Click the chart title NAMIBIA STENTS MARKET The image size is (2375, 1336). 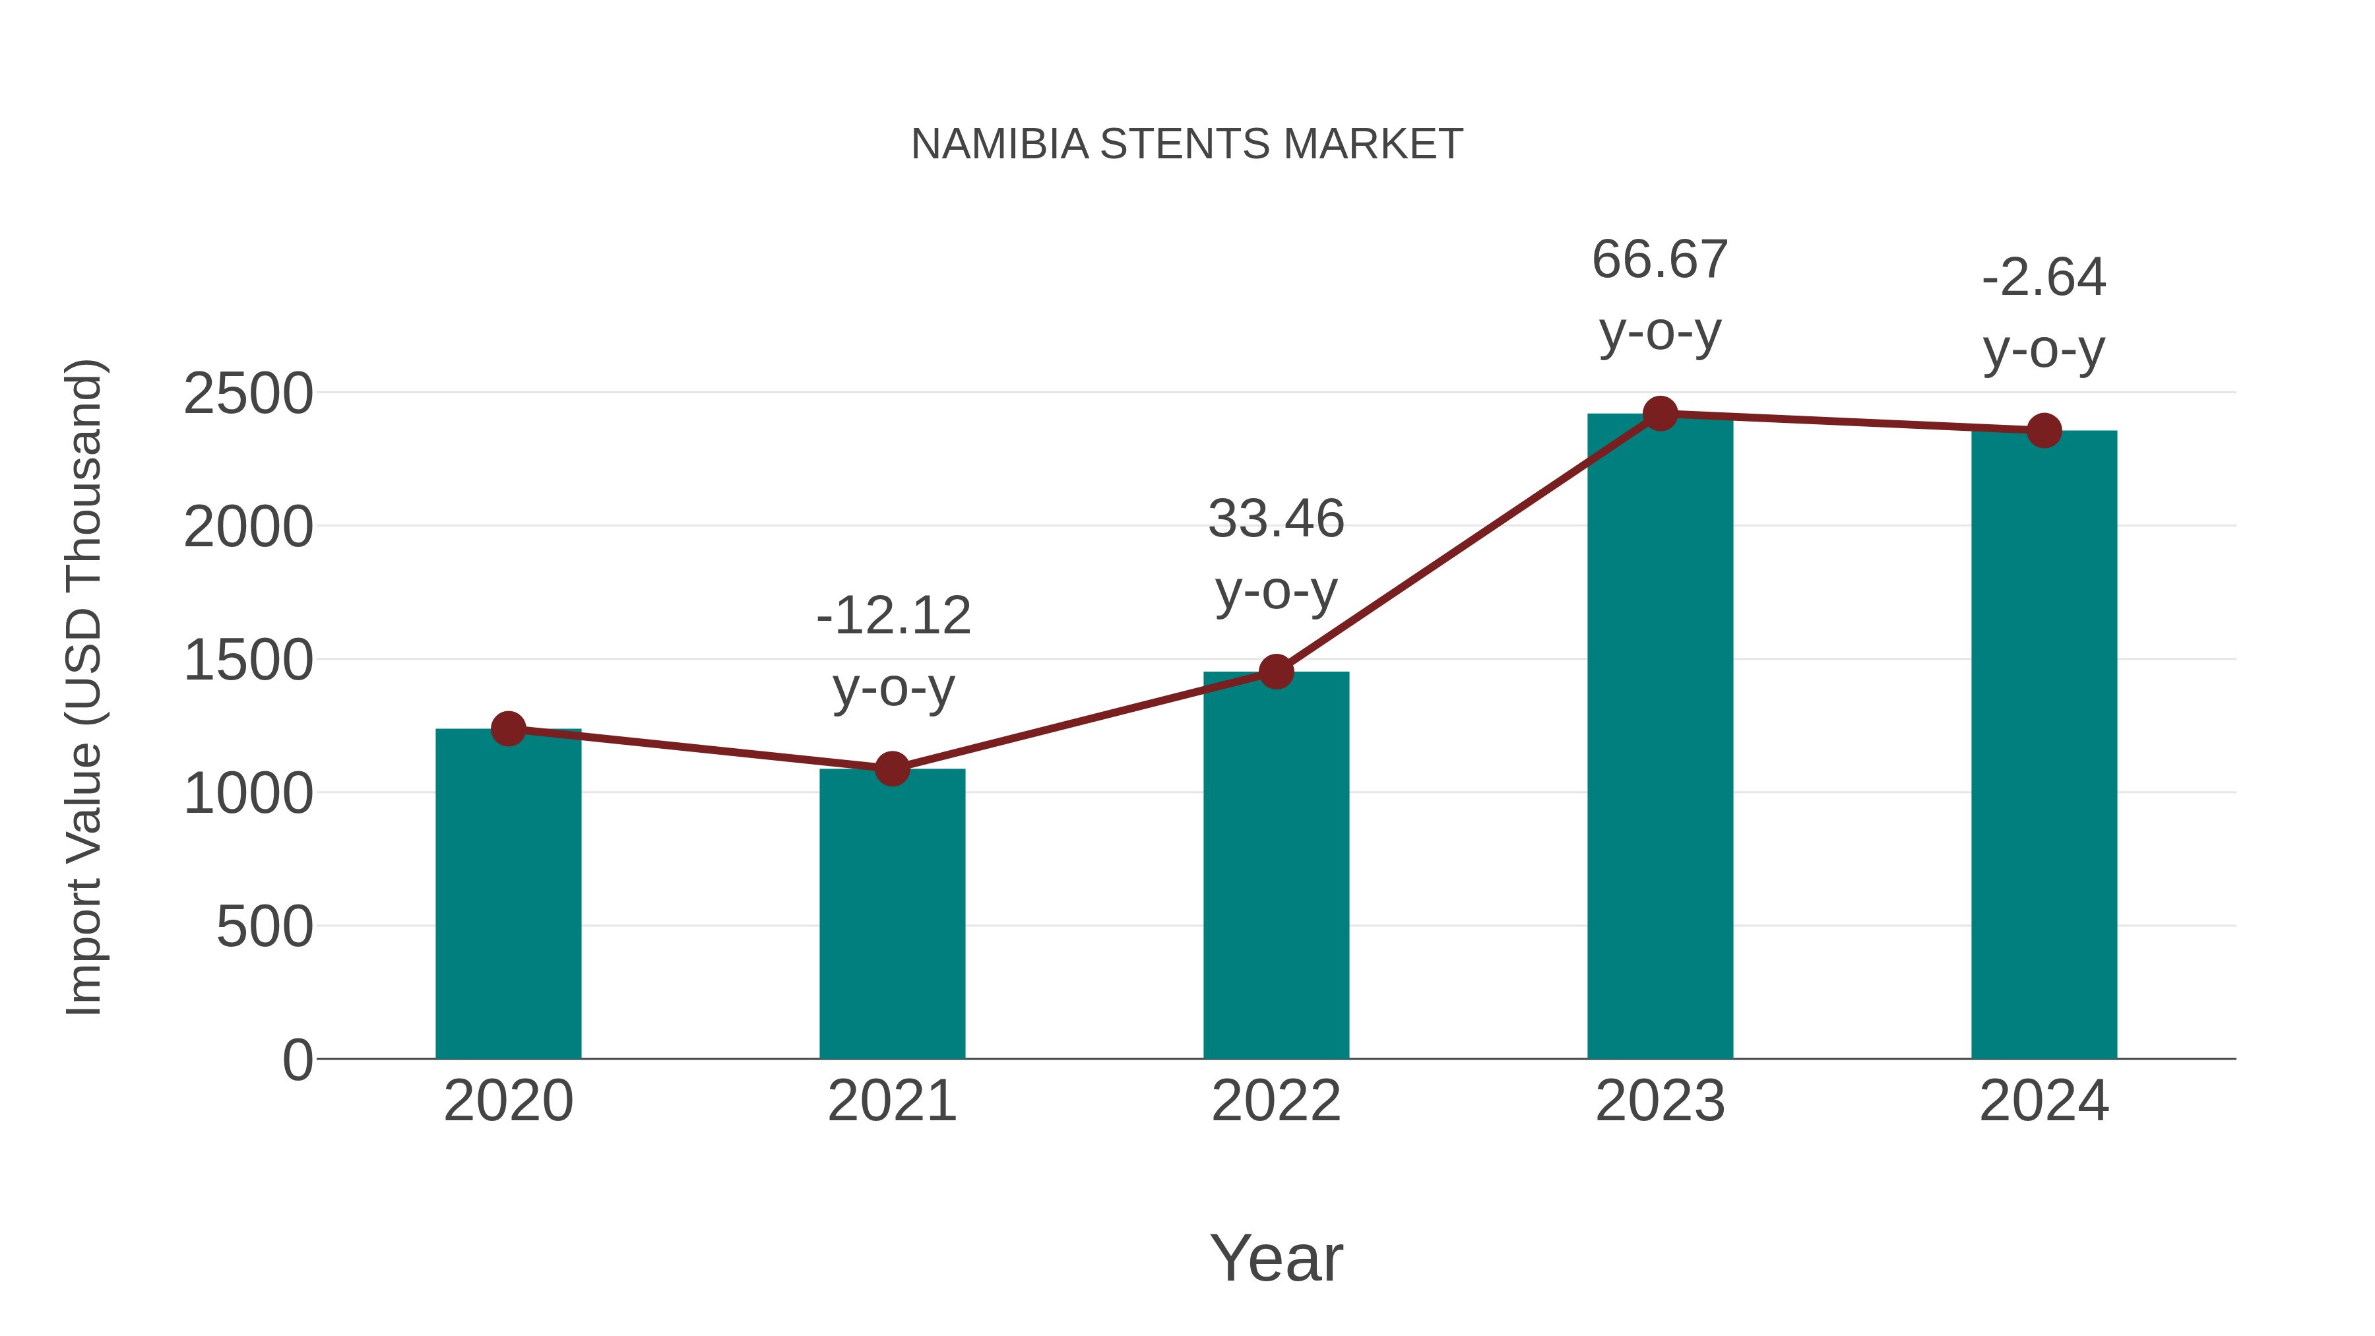point(1187,144)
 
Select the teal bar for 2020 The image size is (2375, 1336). point(508,895)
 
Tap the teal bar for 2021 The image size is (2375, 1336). point(891,913)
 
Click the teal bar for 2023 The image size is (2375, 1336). point(1660,738)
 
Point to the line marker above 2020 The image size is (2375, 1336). point(508,728)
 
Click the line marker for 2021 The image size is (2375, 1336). point(891,768)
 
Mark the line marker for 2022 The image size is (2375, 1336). point(1276,671)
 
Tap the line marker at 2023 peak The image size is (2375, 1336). point(1660,414)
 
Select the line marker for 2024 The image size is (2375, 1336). point(2044,429)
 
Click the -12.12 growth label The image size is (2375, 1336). point(893,616)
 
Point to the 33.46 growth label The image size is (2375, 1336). point(1276,519)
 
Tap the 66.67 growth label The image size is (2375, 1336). point(1660,260)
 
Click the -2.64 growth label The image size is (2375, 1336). point(2044,278)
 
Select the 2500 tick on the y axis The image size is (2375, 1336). point(248,395)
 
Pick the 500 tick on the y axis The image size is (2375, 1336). point(264,927)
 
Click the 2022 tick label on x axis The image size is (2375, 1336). point(1276,1101)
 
